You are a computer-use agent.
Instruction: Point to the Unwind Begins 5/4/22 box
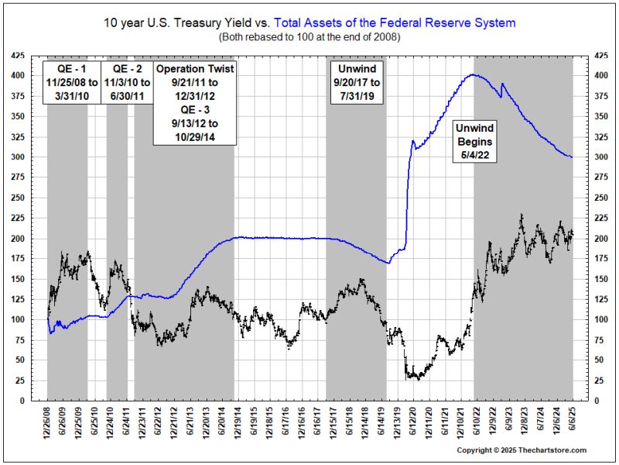[474, 141]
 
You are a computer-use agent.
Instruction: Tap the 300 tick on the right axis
[597, 157]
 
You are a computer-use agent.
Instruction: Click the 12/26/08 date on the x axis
[47, 423]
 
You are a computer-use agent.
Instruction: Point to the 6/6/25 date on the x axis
[573, 422]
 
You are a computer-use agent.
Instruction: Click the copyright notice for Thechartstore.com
[521, 450]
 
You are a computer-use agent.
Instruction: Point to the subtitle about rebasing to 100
[309, 36]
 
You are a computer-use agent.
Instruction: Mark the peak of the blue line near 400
[474, 74]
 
